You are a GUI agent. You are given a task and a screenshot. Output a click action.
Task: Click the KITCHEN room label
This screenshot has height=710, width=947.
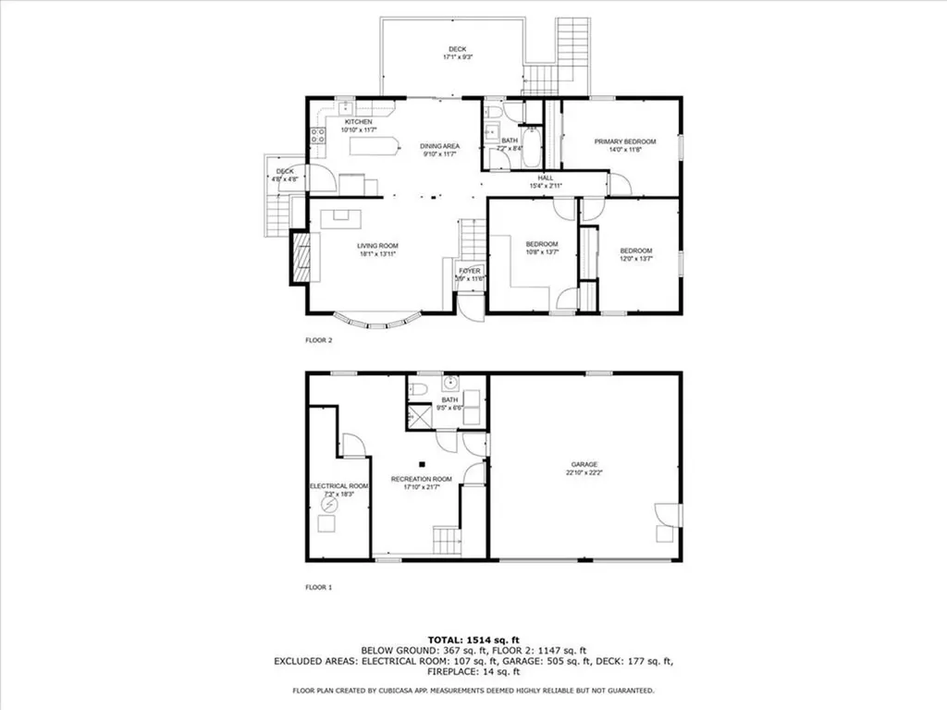(x=359, y=122)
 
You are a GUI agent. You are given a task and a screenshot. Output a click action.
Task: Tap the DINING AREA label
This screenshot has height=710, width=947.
(x=440, y=146)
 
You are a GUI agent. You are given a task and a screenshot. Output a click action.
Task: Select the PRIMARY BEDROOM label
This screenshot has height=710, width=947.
(x=624, y=141)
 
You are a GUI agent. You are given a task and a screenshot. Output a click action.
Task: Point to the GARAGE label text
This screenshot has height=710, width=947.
(x=584, y=464)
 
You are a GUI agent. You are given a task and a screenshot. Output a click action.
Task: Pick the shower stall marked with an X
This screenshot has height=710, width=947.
(x=420, y=416)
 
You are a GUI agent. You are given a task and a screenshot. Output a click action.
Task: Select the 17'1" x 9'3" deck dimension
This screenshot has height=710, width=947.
(x=457, y=57)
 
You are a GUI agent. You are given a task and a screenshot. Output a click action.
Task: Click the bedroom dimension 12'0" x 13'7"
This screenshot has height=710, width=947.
(x=635, y=260)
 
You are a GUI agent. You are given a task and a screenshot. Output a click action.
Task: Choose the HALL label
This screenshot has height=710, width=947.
(x=546, y=177)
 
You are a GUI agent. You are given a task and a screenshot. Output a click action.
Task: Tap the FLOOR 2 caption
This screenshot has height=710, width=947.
(x=318, y=340)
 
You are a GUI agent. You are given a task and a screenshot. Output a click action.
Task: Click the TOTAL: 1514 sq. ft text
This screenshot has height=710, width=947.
(x=473, y=640)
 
